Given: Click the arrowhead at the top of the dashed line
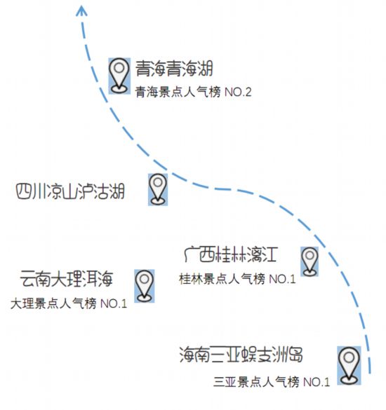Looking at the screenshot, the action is coord(81,11).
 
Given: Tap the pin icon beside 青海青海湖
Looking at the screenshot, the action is coord(119,76).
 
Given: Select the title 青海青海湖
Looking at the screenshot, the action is coord(174,69).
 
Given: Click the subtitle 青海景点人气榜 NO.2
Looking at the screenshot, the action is coord(193,92).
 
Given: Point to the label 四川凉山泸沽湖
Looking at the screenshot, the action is coord(70,191).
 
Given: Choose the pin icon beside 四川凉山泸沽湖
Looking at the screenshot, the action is coord(158,189).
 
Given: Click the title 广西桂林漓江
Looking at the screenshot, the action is coord(231,254).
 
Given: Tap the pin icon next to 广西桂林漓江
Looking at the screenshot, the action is coord(310,261).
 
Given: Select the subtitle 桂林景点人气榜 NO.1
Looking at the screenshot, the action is coord(237,279).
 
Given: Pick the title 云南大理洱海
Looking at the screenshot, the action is coord(67,278).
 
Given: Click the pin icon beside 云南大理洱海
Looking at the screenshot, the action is coord(145,286).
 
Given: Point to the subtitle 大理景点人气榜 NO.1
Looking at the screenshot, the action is coord(69,303).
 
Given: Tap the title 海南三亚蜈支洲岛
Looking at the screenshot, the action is coord(241,355).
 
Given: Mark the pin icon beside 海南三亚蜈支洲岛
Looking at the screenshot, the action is coord(349,366).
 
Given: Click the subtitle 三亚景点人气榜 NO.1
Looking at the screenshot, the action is coord(272,382).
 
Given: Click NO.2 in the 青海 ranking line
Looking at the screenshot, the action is coord(238,92).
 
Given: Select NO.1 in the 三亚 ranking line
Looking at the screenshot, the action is coord(316,382).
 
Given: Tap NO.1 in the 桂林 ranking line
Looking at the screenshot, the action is coord(282,279).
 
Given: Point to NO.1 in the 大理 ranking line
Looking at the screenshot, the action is coord(114,304).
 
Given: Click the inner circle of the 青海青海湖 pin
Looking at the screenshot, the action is coord(119,68).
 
